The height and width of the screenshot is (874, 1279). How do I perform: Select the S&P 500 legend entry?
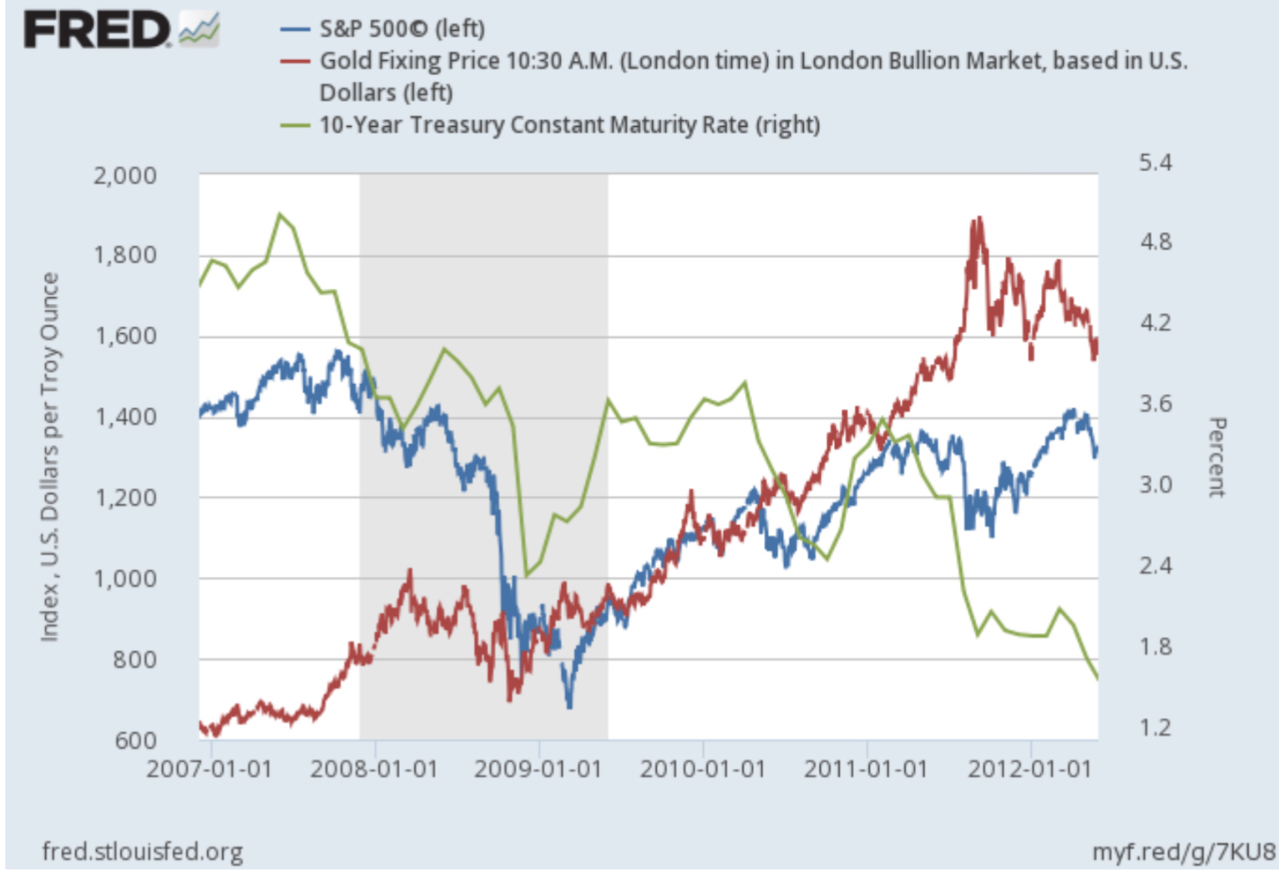(x=402, y=28)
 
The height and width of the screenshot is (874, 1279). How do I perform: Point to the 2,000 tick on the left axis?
(x=124, y=176)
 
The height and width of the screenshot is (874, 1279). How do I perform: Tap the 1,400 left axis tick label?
(x=124, y=417)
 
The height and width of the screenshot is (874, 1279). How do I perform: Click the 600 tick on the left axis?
(x=135, y=740)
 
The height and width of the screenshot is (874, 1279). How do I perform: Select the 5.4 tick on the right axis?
(x=1155, y=163)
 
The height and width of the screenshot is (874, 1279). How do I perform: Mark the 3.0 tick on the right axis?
(x=1155, y=484)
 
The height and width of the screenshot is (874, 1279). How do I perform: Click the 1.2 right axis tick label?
(x=1155, y=728)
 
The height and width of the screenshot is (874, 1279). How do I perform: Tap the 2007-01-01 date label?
(x=210, y=769)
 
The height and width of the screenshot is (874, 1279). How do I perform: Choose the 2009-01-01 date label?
(x=538, y=769)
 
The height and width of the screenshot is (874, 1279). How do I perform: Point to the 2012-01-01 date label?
(x=1029, y=769)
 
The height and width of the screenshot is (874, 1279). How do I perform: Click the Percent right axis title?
(x=1217, y=457)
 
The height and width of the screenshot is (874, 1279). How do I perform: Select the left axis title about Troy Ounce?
(x=50, y=457)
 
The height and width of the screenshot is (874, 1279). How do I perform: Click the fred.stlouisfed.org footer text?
(x=143, y=851)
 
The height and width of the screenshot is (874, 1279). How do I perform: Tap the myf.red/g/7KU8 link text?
(x=1184, y=851)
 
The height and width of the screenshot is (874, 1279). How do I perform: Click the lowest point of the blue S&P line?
(x=570, y=707)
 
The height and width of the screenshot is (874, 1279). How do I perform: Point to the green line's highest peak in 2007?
(x=280, y=214)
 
